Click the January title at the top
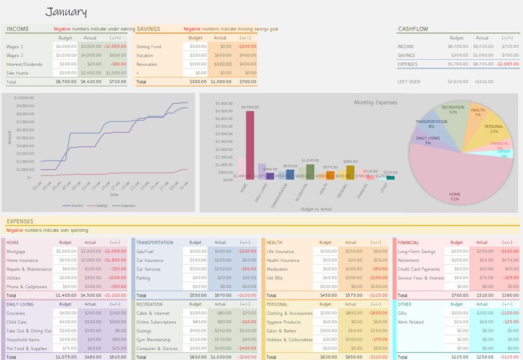pyautogui.click(x=67, y=12)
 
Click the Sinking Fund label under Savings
pyautogui.click(x=149, y=47)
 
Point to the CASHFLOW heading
pyautogui.click(x=414, y=29)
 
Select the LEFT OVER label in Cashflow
pyautogui.click(x=410, y=81)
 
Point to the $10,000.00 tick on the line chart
pyautogui.click(x=24, y=98)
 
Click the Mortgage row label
pyautogui.click(x=16, y=251)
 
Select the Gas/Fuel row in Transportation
pyautogui.click(x=146, y=251)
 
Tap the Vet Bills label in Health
pyautogui.click(x=276, y=278)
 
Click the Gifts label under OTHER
pyautogui.click(x=403, y=313)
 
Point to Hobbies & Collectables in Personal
pyautogui.click(x=289, y=339)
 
